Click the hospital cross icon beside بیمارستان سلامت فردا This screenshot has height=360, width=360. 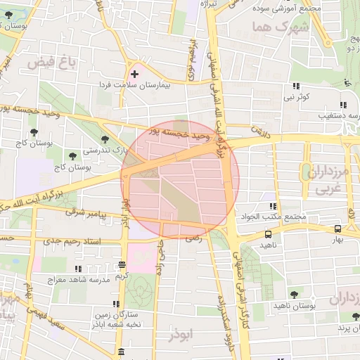[134, 73]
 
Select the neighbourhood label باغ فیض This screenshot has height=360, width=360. [51, 63]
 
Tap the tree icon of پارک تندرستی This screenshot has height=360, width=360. [105, 140]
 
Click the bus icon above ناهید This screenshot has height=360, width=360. [268, 234]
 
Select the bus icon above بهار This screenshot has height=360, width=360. [338, 229]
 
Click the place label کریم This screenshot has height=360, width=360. [122, 276]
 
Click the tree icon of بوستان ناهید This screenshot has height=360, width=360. [294, 295]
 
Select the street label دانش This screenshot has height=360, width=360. [261, 131]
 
